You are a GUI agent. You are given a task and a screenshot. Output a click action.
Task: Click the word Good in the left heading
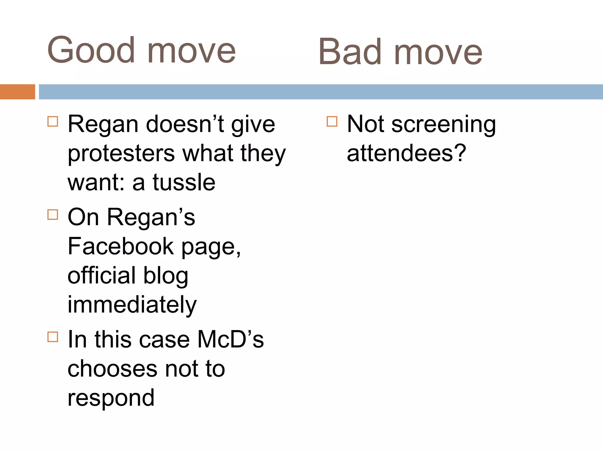click(x=91, y=50)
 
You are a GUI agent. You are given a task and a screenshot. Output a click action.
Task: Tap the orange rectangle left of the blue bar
click(x=17, y=92)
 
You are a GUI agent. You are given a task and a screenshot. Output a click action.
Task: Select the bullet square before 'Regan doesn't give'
click(x=53, y=121)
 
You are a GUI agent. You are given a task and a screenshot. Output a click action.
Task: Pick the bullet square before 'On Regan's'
click(x=53, y=215)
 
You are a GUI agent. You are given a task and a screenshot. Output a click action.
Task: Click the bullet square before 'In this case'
click(x=53, y=337)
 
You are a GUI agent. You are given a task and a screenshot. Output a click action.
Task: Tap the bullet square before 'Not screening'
click(x=332, y=121)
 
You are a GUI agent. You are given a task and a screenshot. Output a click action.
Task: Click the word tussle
click(x=184, y=182)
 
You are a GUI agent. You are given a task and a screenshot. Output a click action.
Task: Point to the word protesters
click(x=121, y=154)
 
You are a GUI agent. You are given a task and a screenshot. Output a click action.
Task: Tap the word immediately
click(x=132, y=305)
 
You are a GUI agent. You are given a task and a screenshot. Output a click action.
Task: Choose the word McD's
click(x=230, y=339)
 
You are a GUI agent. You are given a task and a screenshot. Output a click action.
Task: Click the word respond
click(x=111, y=398)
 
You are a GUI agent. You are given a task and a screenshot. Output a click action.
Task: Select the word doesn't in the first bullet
click(x=185, y=124)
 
